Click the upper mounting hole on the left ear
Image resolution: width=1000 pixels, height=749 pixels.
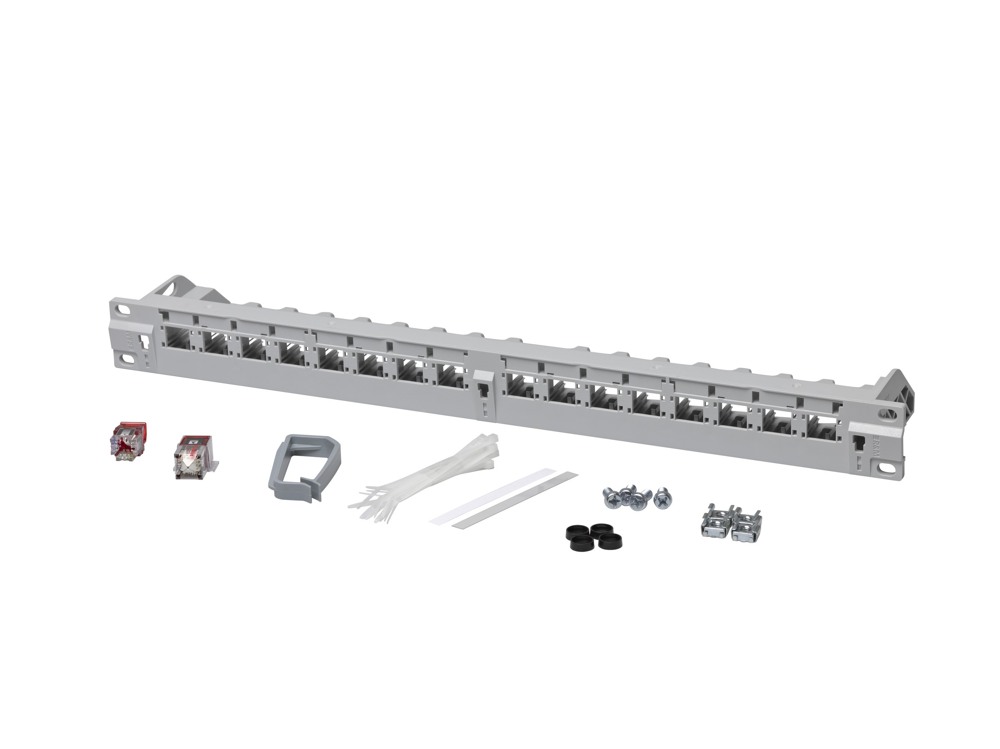pyautogui.click(x=122, y=311)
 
